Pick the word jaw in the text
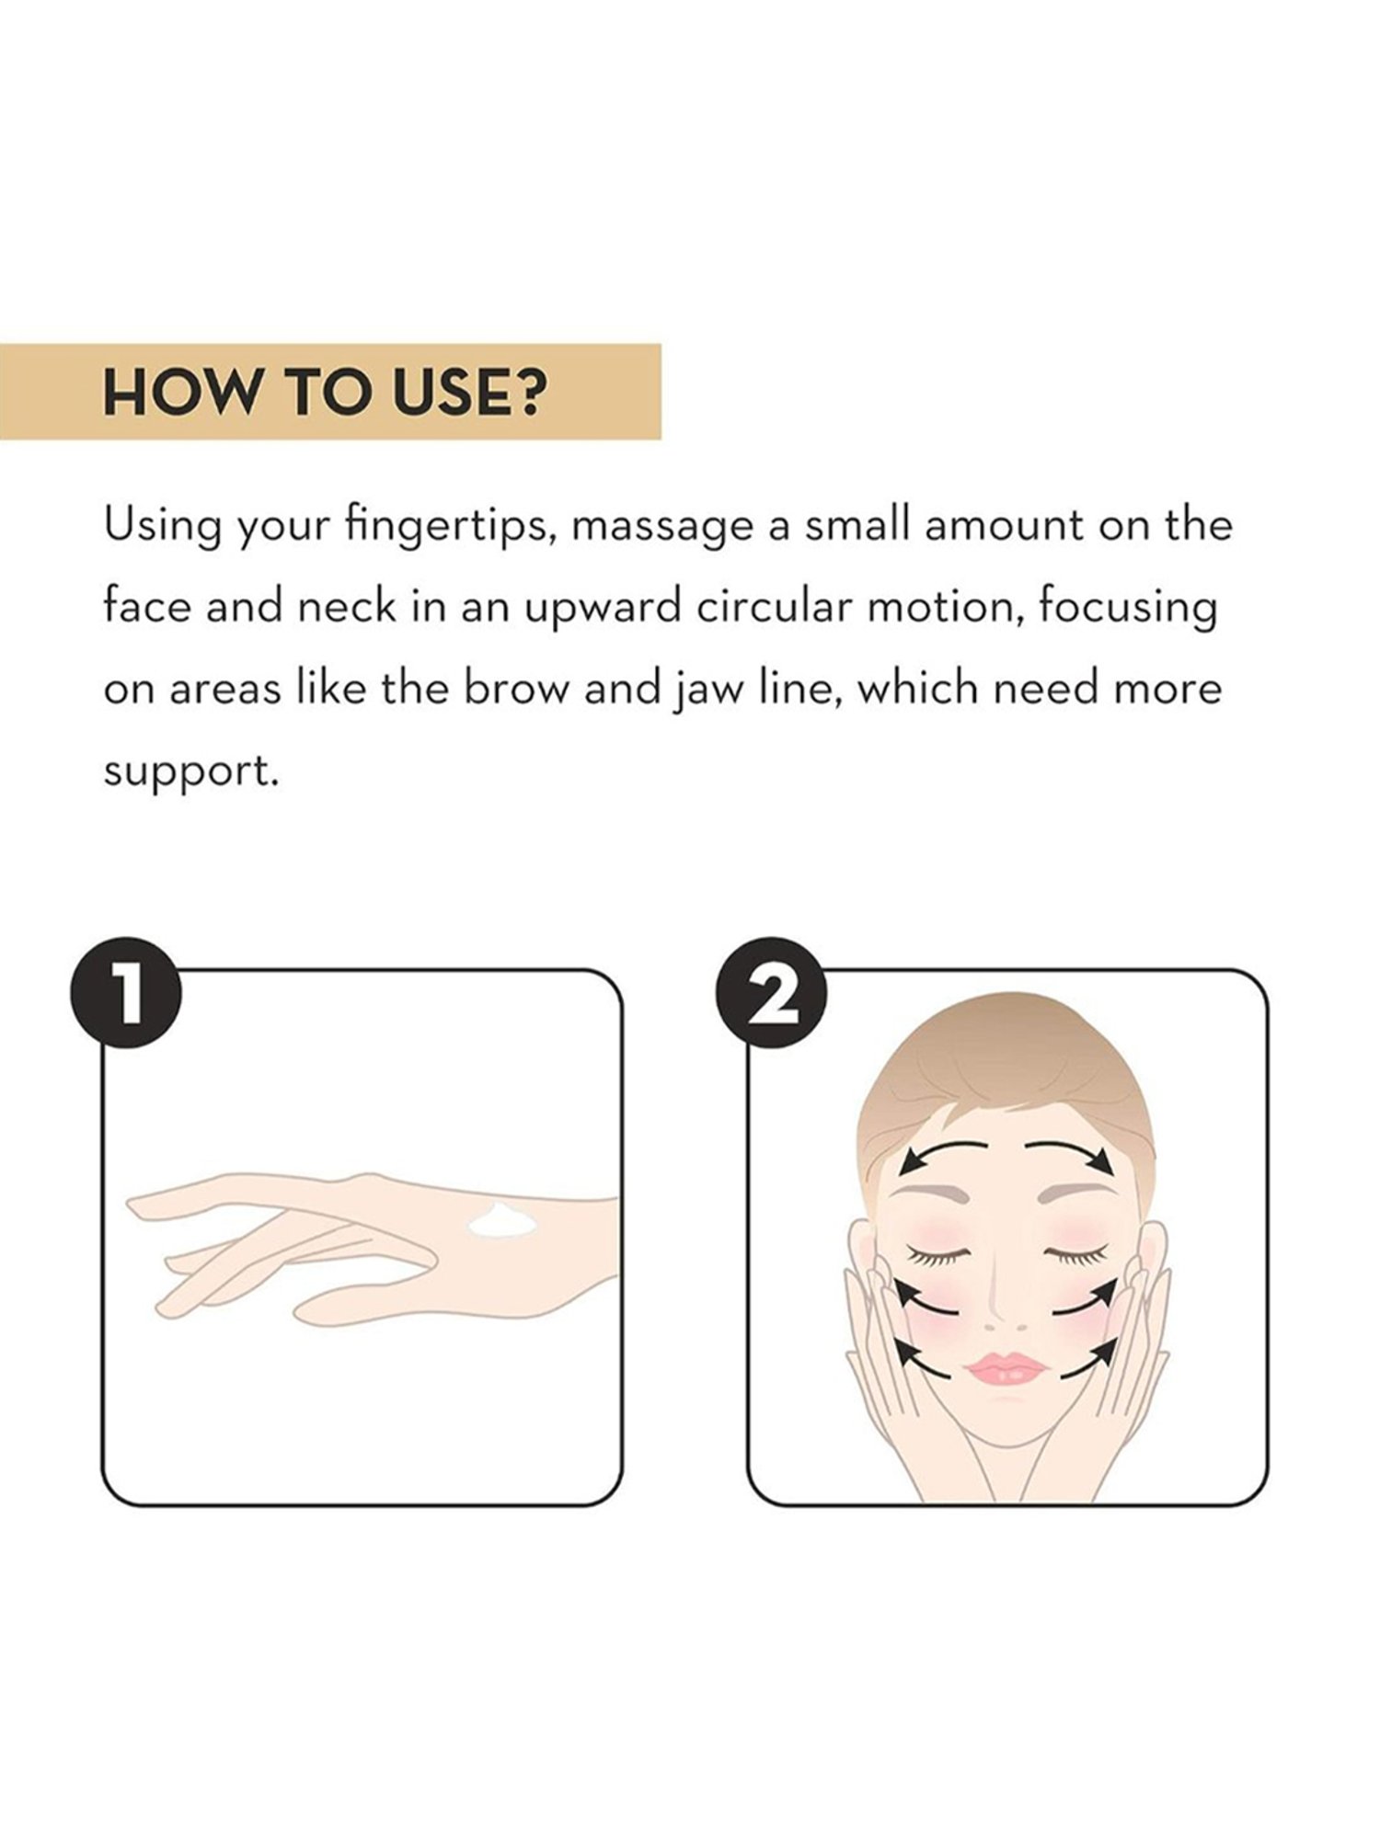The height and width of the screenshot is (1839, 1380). click(702, 691)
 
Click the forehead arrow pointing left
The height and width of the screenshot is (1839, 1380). click(942, 1148)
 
